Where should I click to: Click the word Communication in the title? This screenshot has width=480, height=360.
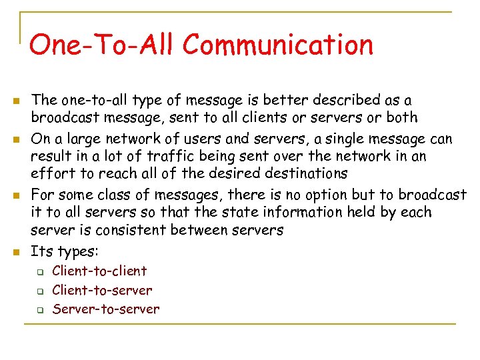[278, 45]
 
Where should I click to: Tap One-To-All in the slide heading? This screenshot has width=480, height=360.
[101, 45]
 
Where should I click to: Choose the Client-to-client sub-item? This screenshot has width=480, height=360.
[99, 271]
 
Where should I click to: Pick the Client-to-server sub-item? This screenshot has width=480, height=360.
[102, 290]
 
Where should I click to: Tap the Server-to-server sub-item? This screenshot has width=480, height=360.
[106, 309]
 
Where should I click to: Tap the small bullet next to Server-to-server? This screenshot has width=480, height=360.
[40, 310]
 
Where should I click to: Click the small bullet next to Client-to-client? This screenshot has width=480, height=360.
[40, 272]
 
